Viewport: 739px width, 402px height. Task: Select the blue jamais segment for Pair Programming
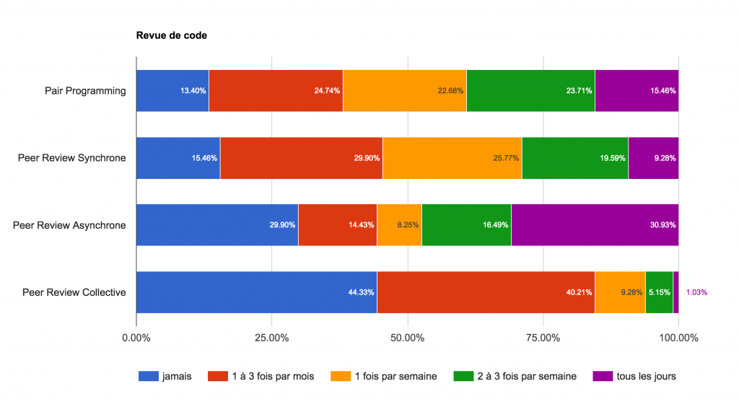[172, 91]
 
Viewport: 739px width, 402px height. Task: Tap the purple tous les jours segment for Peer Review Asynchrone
[595, 225]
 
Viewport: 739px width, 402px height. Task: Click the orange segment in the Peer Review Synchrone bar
[452, 158]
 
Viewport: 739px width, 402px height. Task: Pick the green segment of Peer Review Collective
[659, 292]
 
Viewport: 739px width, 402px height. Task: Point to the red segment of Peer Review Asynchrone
[337, 225]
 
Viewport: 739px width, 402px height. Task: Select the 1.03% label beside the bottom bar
[696, 292]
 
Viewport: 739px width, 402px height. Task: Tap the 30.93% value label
[662, 225]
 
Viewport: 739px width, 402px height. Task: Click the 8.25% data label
[406, 225]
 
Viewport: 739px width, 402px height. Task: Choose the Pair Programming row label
[85, 91]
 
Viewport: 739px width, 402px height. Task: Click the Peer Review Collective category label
[74, 292]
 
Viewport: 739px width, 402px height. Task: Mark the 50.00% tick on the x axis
[408, 338]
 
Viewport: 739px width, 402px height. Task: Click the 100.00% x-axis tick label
[678, 338]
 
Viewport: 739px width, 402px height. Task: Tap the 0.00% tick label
[136, 338]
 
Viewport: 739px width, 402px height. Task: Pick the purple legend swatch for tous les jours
[602, 376]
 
